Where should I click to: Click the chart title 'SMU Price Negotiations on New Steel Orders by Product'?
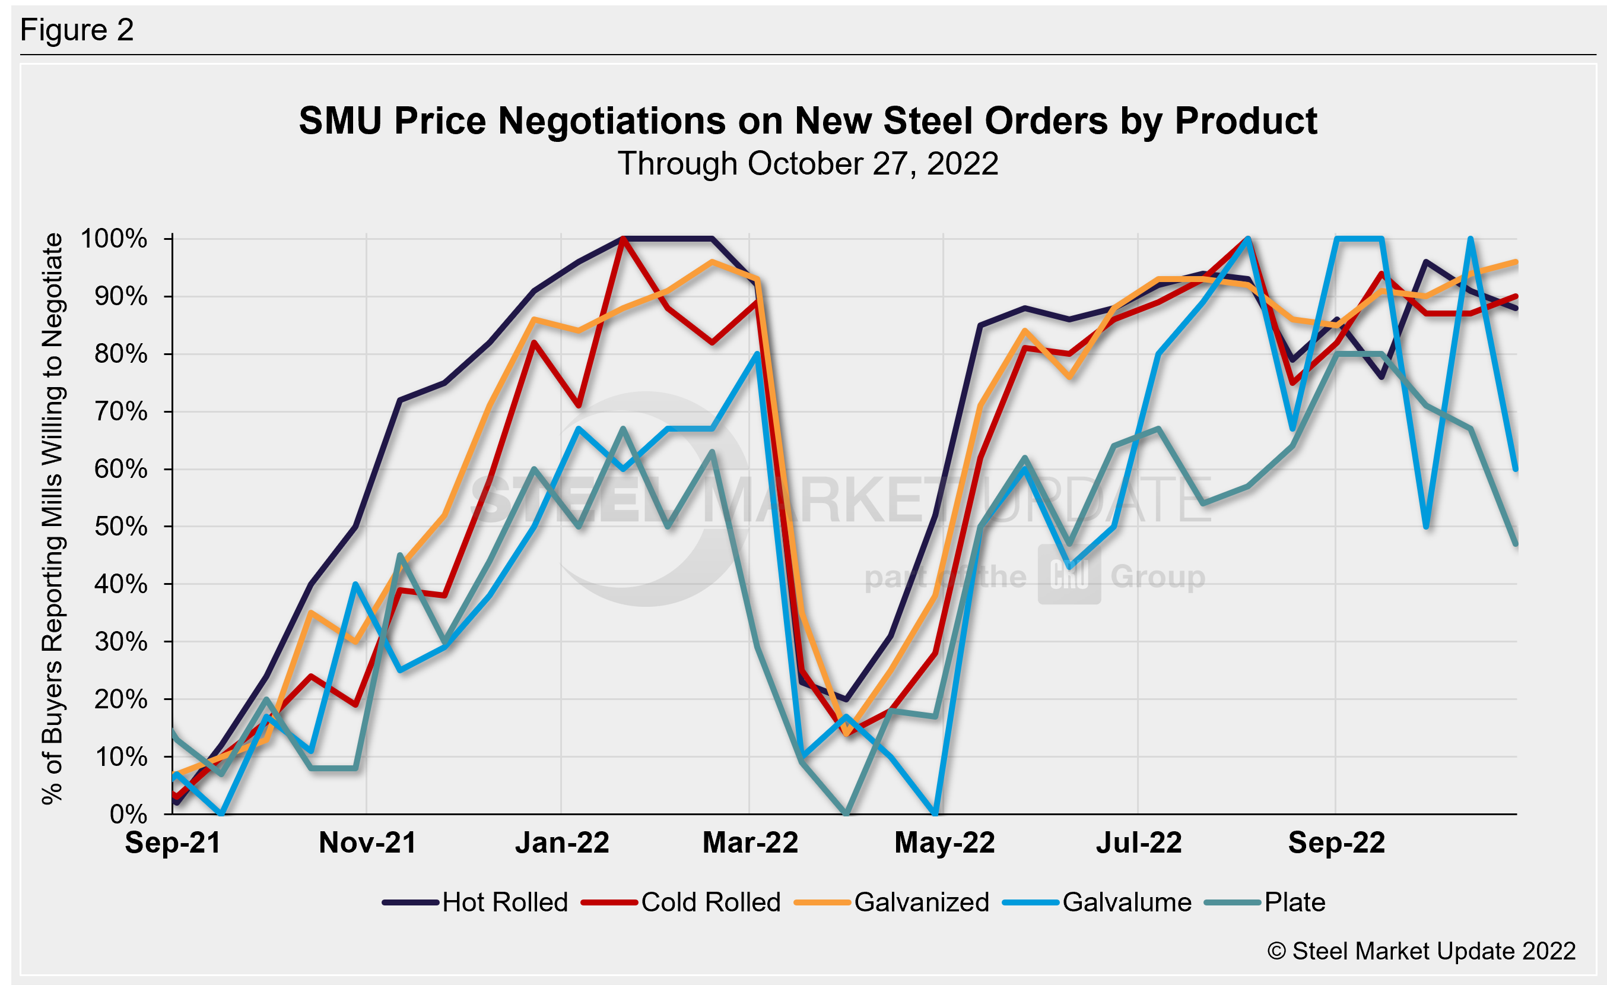[x=808, y=121]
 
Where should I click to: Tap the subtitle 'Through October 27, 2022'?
[x=808, y=164]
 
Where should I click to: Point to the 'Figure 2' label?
[x=77, y=30]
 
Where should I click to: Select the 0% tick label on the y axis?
[x=129, y=814]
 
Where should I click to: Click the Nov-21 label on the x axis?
[x=367, y=843]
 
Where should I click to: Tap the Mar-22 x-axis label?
[x=750, y=843]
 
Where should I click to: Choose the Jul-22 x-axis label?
[x=1139, y=843]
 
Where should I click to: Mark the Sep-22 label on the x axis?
[x=1336, y=843]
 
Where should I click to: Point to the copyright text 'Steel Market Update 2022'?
[x=1421, y=951]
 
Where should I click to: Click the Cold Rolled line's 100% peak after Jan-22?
[x=624, y=239]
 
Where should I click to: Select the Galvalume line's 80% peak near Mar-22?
[x=757, y=354]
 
